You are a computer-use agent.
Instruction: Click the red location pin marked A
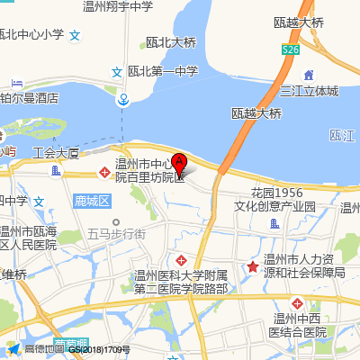(x=179, y=163)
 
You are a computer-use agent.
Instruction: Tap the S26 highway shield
(x=290, y=52)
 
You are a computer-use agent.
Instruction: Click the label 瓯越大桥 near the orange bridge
(x=257, y=113)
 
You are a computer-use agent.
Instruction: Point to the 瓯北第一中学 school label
(x=163, y=71)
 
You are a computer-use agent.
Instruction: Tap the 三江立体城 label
(x=309, y=91)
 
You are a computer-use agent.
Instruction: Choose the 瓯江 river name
(x=344, y=135)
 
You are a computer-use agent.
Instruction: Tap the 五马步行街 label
(x=116, y=233)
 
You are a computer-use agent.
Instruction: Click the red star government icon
(x=255, y=265)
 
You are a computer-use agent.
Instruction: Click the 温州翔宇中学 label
(x=117, y=6)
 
